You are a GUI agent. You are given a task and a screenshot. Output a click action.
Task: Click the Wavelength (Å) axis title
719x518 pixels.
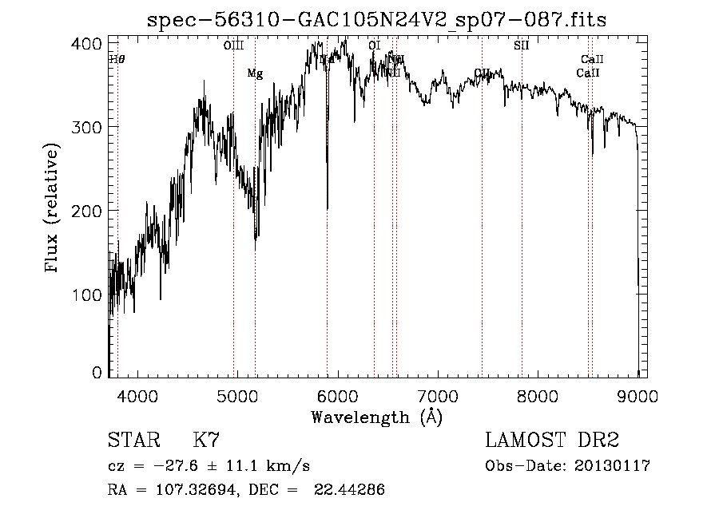[x=376, y=417]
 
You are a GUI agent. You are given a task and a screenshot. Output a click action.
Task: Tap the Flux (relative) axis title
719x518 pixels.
[x=54, y=209]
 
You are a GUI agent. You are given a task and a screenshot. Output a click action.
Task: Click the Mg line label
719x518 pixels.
[x=255, y=73]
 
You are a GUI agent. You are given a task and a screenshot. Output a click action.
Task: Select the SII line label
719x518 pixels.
[x=522, y=45]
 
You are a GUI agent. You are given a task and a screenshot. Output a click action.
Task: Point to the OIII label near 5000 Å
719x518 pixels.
[x=233, y=45]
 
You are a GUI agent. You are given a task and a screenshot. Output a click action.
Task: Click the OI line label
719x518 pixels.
[x=374, y=45]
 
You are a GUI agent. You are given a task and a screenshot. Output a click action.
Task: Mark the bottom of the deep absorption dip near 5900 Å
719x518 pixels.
[x=328, y=209]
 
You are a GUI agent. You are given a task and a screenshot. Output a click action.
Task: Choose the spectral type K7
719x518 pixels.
[x=207, y=441]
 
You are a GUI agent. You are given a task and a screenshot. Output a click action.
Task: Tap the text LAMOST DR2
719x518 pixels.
[x=552, y=441]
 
